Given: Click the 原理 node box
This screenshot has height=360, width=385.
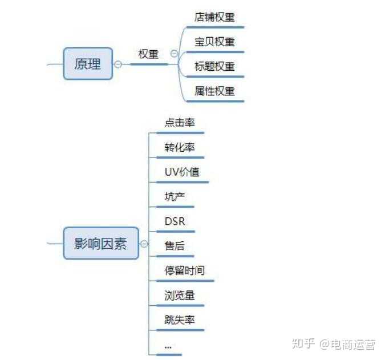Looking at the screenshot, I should point(87,63).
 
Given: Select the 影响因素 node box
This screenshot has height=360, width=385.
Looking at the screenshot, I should point(100,244).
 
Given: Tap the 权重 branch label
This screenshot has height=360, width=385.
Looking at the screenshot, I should point(148,54).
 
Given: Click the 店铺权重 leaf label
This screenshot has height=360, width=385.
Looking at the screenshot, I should point(214,17).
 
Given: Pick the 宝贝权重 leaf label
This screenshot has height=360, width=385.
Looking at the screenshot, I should point(214,42).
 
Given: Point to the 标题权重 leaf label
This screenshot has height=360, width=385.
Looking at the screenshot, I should point(214,66).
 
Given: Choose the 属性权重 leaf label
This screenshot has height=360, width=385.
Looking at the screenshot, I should point(214,91).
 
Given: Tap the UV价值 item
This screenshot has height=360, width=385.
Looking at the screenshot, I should point(182,172).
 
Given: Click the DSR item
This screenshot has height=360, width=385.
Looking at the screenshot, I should point(175,221).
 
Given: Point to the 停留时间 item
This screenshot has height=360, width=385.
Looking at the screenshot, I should point(184,270).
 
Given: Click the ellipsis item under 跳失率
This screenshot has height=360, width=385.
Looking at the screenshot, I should point(168,346).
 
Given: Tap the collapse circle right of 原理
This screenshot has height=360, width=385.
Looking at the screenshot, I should point(118,64).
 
